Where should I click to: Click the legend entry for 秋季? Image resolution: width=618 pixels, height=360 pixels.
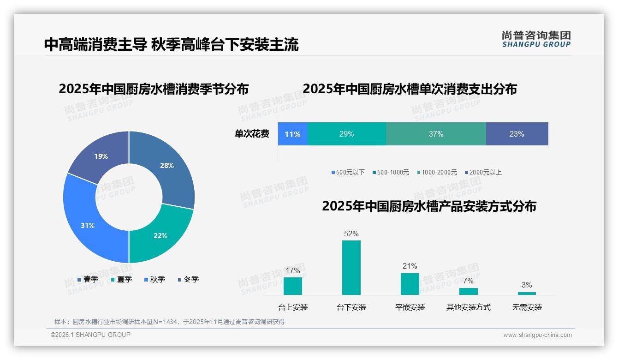pos(155,280)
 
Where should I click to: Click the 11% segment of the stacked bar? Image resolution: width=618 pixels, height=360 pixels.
pos(292,134)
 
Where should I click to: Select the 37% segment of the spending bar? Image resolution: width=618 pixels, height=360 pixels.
pos(436,134)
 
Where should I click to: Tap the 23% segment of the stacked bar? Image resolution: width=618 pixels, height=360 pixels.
pos(517,134)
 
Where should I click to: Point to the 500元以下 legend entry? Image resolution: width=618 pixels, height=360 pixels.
pos(348,173)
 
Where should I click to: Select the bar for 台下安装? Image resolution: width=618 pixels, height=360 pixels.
pos(351,268)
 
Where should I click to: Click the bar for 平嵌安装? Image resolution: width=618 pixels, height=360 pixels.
pos(410,284)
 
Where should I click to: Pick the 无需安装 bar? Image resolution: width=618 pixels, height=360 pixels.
pos(527,293)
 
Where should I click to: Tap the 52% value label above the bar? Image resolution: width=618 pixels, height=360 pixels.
pos(351,234)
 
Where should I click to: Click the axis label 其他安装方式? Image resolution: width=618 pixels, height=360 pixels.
pos(468,307)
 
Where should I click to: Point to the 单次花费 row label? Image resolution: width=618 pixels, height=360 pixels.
pos(252,134)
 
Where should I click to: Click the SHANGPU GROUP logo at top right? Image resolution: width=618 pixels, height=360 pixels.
pos(536,39)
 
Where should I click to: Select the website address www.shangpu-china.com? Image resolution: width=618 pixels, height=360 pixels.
pos(537,335)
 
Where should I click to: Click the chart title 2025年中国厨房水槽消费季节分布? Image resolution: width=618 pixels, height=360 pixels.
pos(154,89)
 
